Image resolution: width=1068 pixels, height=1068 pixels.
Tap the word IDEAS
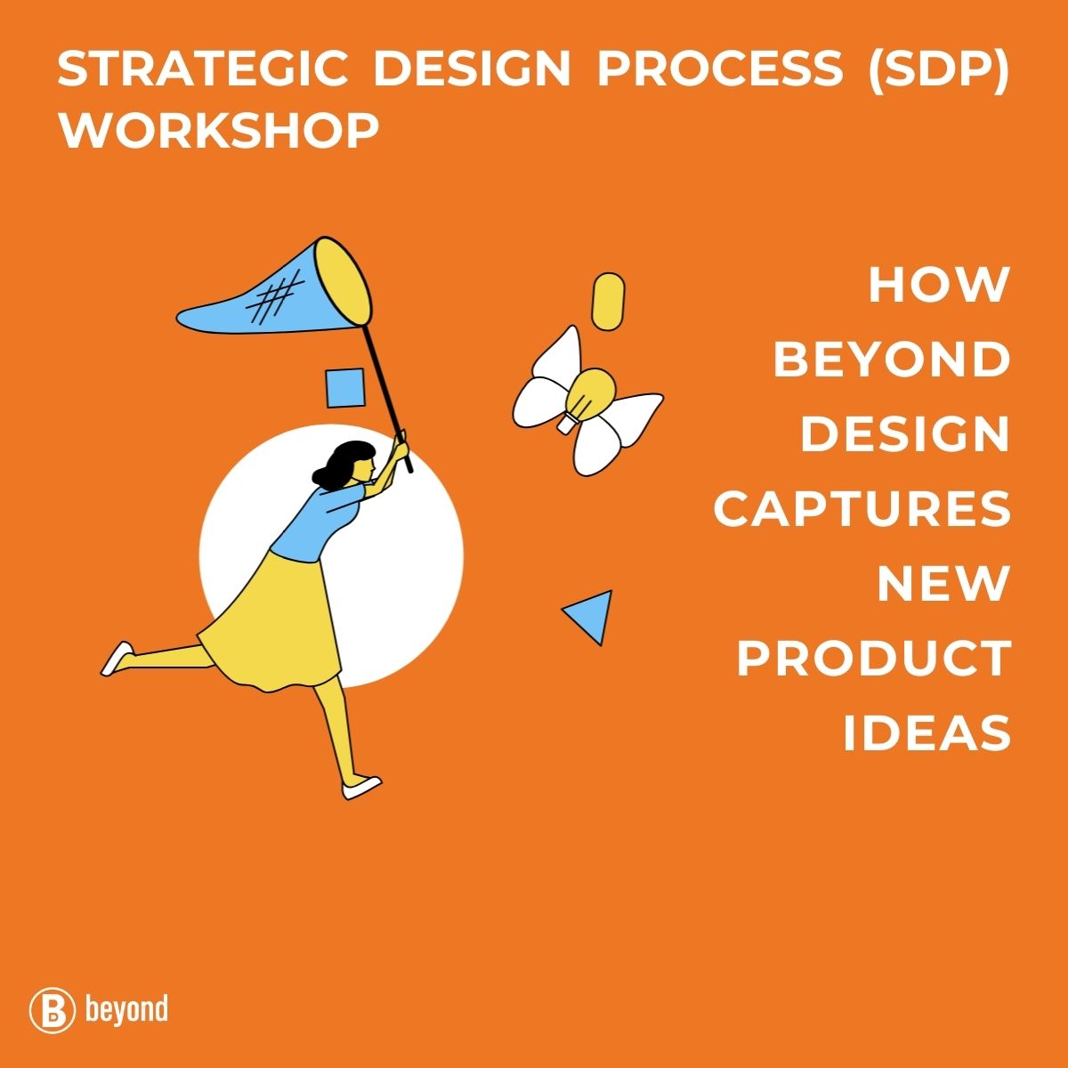click(926, 733)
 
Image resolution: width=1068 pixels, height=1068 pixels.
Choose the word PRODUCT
click(874, 659)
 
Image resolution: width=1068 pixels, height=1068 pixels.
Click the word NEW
click(943, 584)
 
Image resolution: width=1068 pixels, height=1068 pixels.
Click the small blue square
click(344, 388)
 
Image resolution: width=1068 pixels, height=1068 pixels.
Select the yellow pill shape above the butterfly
click(608, 301)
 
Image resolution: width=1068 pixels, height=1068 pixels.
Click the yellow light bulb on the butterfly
click(587, 396)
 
